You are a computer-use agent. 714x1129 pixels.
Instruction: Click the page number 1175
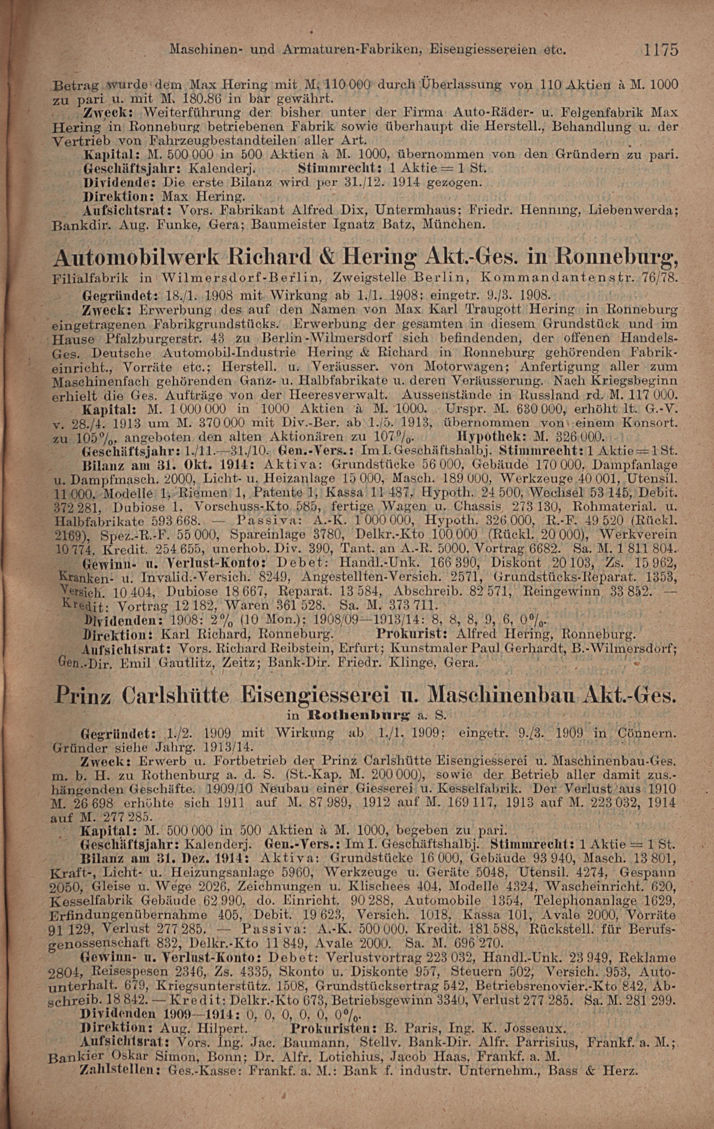point(661,49)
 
